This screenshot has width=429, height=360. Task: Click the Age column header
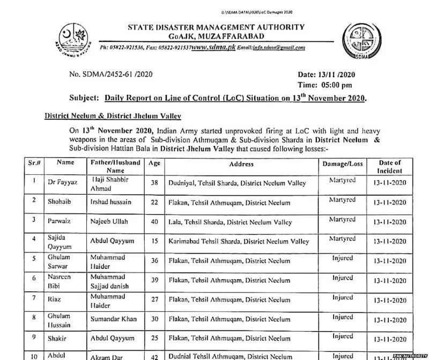[x=154, y=163]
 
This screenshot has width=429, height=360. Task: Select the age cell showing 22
[x=154, y=202]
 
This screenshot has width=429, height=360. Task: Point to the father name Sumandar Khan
[x=119, y=319]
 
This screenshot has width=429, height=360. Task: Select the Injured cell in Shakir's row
[x=342, y=336]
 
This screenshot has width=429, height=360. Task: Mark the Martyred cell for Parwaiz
[x=342, y=219]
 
